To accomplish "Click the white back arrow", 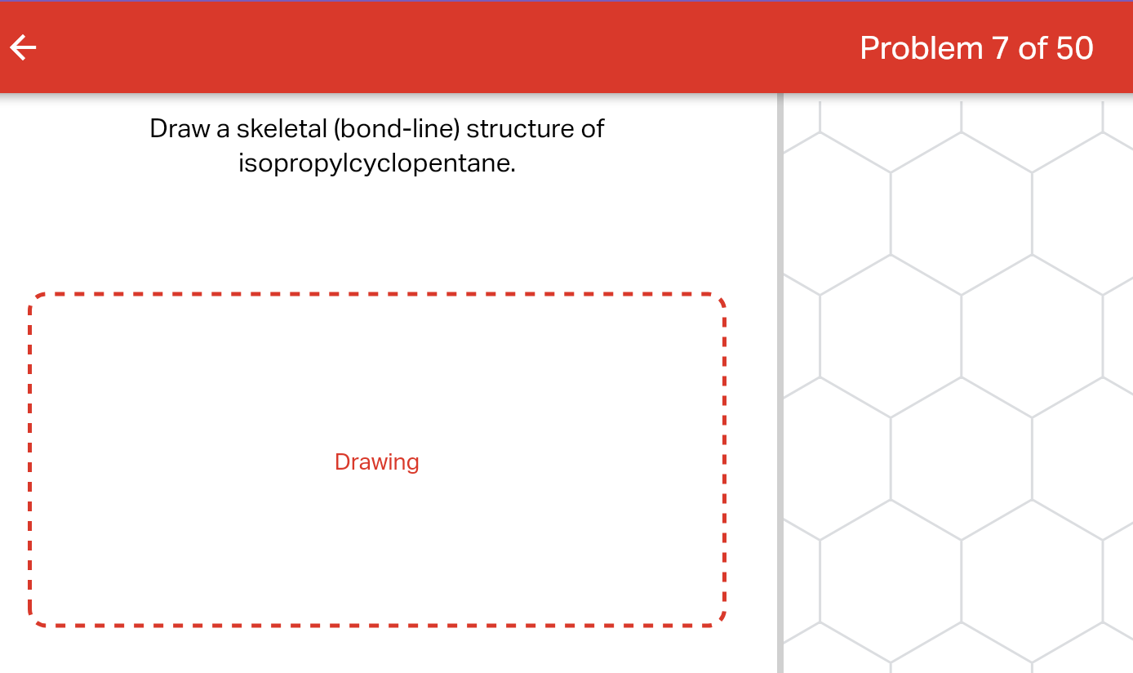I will (23, 48).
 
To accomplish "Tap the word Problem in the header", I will (922, 48).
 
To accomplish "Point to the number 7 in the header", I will (1001, 48).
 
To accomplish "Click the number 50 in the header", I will (1075, 48).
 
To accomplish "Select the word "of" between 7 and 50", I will (1033, 48).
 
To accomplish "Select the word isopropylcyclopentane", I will (375, 163).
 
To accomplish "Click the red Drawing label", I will (376, 462).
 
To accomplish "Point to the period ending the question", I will (513, 170).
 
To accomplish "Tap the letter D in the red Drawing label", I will (341, 462).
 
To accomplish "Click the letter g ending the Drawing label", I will (413, 465).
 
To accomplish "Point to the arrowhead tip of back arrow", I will (11, 48).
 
